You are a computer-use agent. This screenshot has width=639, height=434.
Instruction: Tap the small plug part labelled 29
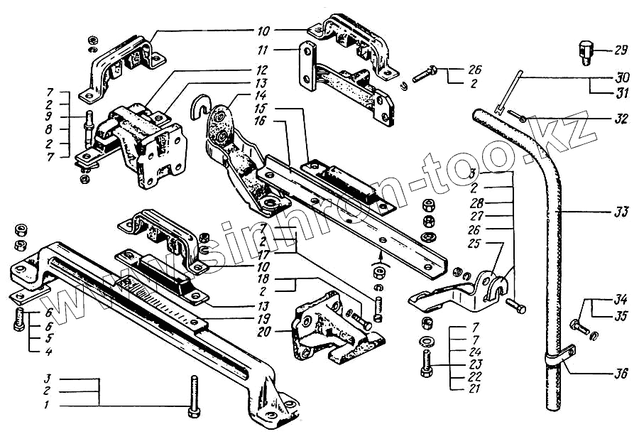click(x=583, y=53)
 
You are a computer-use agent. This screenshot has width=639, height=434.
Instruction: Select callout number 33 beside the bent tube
click(x=621, y=211)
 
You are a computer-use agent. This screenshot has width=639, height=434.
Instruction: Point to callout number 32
click(x=621, y=119)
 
